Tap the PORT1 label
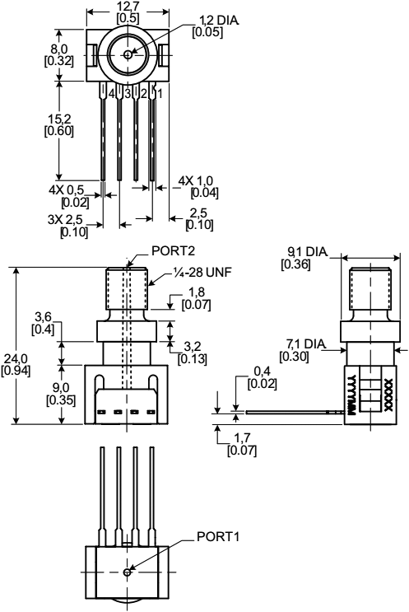click(x=217, y=536)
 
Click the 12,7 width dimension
click(x=128, y=7)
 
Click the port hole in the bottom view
click(x=127, y=572)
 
